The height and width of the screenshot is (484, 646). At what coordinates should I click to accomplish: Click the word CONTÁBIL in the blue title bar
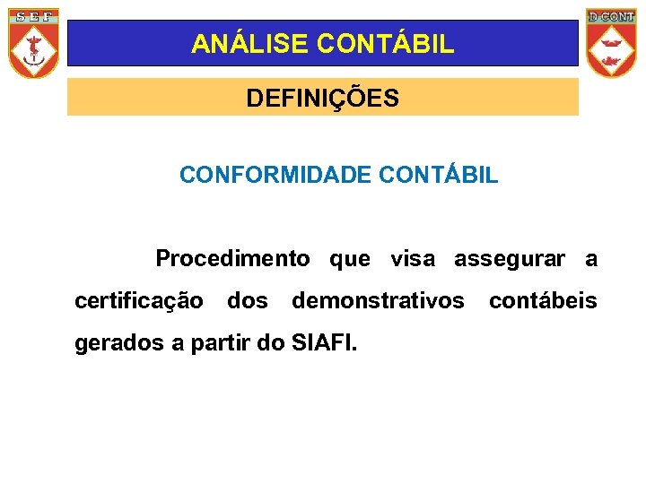[369, 44]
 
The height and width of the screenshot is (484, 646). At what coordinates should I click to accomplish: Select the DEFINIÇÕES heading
[323, 98]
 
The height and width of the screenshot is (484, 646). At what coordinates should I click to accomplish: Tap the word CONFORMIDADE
[275, 175]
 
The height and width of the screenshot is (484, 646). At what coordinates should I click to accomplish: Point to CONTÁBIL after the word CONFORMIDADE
[439, 175]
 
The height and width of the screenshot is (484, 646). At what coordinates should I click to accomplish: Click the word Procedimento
[232, 259]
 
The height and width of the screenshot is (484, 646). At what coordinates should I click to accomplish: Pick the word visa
[412, 259]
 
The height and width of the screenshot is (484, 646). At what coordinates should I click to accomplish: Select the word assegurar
[510, 259]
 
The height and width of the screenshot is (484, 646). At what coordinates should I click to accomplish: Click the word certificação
[139, 301]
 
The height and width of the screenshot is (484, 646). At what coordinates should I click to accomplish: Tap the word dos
[248, 300]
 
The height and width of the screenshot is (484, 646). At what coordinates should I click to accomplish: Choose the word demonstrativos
[378, 300]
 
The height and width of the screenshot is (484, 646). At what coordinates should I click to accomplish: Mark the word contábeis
[543, 300]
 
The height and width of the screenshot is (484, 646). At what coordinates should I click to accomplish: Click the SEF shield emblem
[34, 43]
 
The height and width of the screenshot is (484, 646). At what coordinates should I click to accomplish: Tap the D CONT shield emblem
[610, 43]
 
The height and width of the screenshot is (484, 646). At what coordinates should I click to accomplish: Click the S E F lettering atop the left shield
[34, 17]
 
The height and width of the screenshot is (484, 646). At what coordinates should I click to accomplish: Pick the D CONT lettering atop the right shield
[610, 16]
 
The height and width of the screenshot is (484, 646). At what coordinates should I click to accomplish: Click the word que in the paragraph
[349, 260]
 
